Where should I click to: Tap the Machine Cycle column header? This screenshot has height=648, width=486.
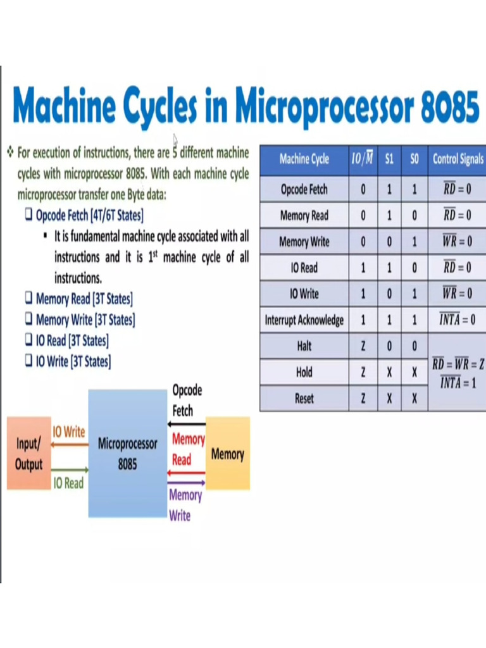click(304, 159)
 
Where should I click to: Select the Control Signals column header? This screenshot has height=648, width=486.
click(458, 159)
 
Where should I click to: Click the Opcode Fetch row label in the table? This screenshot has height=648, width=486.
click(304, 189)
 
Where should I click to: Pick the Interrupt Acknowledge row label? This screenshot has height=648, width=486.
click(304, 320)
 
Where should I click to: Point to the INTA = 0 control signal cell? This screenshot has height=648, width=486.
click(457, 320)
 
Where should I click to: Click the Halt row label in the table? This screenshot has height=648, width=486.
click(304, 347)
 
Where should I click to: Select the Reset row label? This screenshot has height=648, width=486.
click(304, 399)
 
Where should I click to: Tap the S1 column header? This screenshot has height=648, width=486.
click(389, 159)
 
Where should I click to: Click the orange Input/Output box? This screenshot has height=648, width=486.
click(28, 453)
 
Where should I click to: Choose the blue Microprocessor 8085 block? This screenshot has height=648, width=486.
click(127, 453)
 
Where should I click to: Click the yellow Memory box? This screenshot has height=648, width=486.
click(228, 453)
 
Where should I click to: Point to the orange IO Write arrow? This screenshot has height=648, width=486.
click(70, 444)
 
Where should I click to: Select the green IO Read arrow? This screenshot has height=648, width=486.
click(70, 470)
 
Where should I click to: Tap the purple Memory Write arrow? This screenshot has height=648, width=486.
click(187, 483)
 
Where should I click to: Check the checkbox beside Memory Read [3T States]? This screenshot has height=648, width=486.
click(28, 298)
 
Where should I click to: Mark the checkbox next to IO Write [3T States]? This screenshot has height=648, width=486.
click(28, 361)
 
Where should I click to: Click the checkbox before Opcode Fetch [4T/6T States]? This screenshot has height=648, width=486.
click(28, 215)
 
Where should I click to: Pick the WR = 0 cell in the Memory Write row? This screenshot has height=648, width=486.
click(457, 242)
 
